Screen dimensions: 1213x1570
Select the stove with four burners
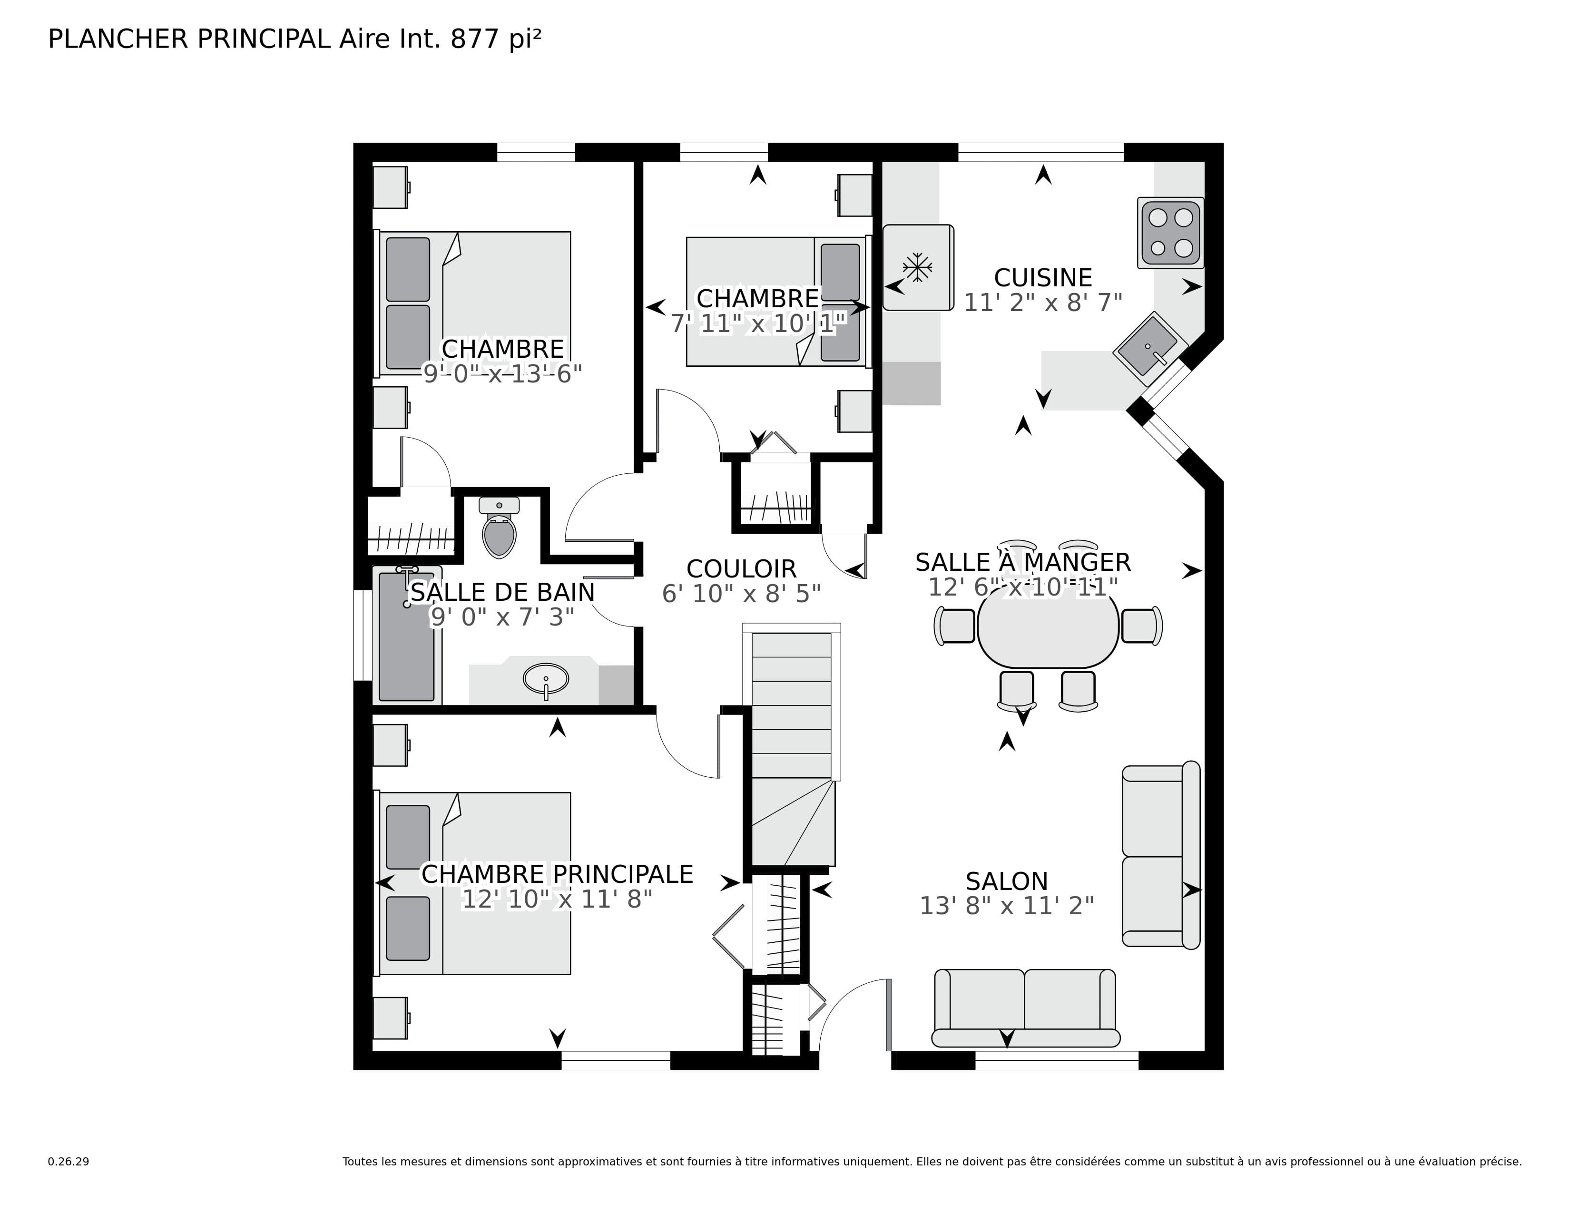[1169, 233]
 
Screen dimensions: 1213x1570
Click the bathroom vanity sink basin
[546, 678]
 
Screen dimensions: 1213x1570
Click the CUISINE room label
[1042, 277]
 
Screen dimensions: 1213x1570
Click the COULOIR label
[741, 568]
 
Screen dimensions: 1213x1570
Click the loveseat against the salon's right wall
[1160, 855]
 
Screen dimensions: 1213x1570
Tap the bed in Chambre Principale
[474, 884]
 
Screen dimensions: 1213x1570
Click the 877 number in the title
[474, 39]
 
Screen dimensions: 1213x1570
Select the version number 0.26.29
[69, 1161]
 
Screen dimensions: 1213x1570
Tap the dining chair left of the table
[955, 625]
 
